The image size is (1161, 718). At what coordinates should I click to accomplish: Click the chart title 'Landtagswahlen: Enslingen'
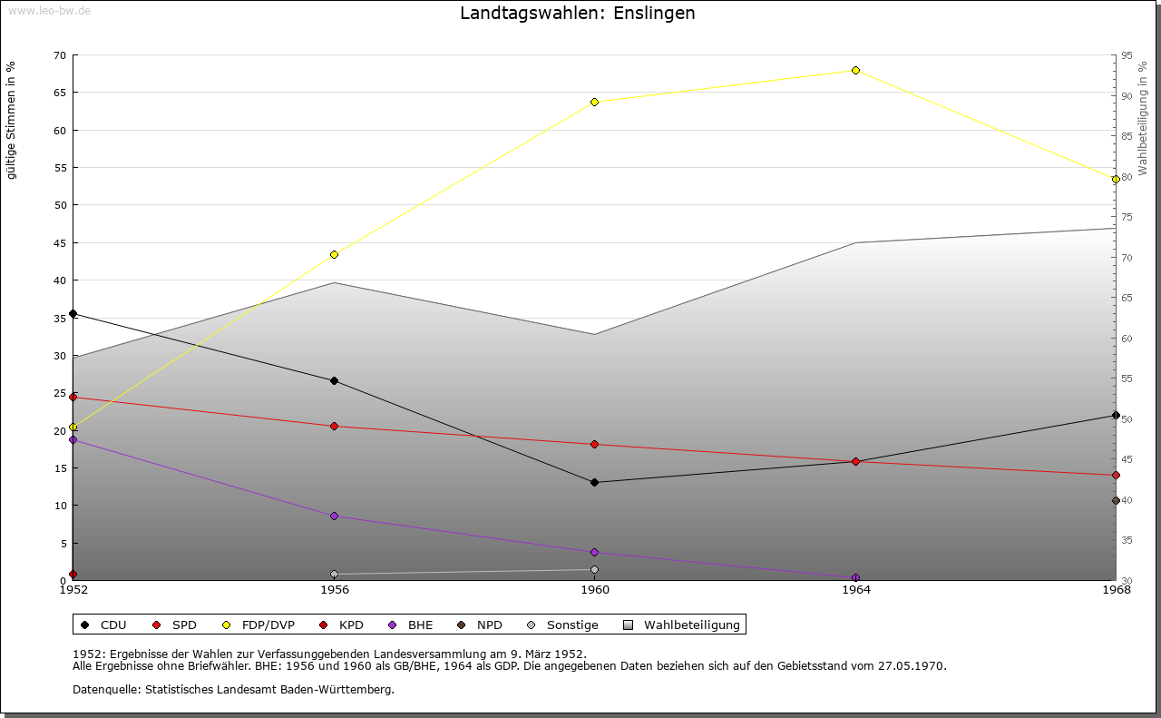pos(578,13)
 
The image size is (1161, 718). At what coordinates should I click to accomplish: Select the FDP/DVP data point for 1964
pos(855,70)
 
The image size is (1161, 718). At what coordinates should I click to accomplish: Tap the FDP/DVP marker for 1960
pos(594,102)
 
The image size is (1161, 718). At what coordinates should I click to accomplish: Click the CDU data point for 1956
pos(334,380)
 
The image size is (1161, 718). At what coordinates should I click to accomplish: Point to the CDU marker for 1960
pos(594,482)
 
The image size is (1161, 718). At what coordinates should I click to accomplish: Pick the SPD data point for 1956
pos(334,426)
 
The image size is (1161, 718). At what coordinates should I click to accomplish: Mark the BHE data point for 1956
pos(334,516)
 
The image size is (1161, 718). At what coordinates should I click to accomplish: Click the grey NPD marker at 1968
pos(1116,500)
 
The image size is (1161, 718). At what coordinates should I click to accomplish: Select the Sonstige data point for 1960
pos(594,569)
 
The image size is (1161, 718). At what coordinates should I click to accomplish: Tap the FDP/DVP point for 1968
pos(1116,179)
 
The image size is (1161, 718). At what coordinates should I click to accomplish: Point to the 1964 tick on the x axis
pos(855,590)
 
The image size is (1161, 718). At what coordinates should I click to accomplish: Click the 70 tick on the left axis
pos(60,55)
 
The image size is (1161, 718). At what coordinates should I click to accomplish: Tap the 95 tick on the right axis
pos(1127,55)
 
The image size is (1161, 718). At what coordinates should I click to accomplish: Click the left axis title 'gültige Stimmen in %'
pos(12,120)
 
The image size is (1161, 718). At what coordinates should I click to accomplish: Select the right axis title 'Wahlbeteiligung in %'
pos(1143,119)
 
